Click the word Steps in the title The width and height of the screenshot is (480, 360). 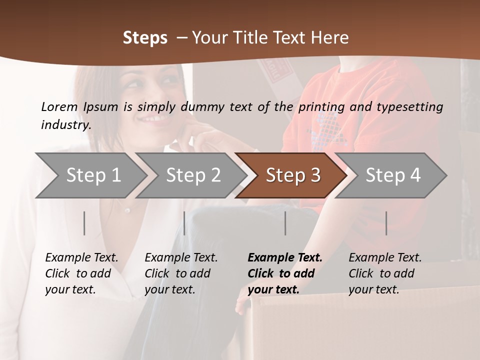[x=145, y=37]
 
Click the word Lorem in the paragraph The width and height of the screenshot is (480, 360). [x=59, y=106]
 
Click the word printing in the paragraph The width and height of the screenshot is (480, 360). [x=321, y=106]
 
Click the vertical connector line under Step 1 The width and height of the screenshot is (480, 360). [x=84, y=223]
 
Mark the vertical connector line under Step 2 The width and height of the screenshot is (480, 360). [x=184, y=223]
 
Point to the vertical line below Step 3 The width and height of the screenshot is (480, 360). [x=285, y=223]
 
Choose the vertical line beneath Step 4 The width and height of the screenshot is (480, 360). [x=386, y=223]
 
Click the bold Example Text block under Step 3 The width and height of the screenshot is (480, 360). [x=284, y=273]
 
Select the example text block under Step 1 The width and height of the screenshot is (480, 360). [x=81, y=273]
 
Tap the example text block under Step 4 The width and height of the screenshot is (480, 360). [x=384, y=273]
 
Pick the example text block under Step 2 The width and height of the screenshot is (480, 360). [x=180, y=273]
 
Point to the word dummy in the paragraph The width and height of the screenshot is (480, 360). [x=204, y=106]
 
